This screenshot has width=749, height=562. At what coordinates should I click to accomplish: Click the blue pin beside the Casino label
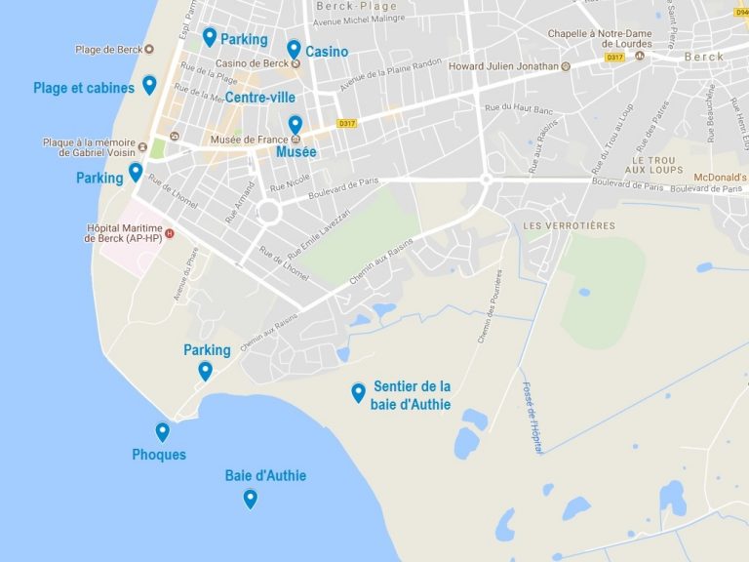click(294, 49)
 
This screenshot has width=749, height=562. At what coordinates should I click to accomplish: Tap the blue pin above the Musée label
click(296, 125)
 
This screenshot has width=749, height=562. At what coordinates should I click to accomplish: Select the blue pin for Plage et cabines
click(149, 85)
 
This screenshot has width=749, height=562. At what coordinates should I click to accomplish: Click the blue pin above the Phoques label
click(162, 431)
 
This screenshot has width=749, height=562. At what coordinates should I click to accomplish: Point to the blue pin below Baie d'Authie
click(251, 499)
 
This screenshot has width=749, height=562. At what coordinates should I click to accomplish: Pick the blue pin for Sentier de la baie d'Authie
click(359, 392)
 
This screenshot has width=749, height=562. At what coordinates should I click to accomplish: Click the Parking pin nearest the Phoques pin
click(205, 371)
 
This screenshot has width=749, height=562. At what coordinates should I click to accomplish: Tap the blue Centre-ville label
click(259, 97)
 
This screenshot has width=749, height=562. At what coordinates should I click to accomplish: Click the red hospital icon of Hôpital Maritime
click(170, 232)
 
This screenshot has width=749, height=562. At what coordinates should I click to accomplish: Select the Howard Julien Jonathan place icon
click(566, 67)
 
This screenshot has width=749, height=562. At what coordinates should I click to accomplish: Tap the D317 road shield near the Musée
click(345, 123)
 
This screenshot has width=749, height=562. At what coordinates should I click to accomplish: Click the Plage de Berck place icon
click(148, 49)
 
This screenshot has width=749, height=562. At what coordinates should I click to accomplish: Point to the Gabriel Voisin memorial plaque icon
click(143, 147)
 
